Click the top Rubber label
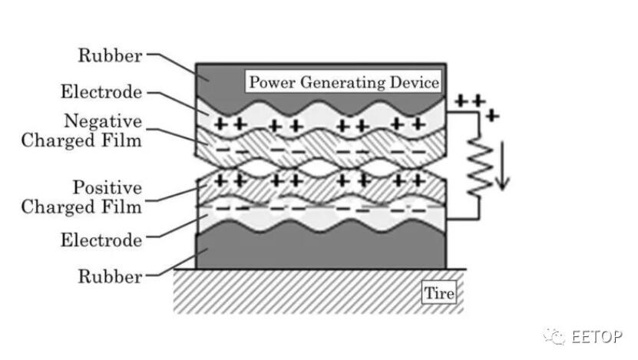pyautogui.click(x=110, y=55)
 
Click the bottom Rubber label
pyautogui.click(x=110, y=276)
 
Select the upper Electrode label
pyautogui.click(x=101, y=91)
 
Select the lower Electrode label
pyautogui.click(x=101, y=240)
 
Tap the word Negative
pyautogui.click(x=103, y=121)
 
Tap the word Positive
pyautogui.click(x=107, y=187)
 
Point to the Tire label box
pyautogui.click(x=439, y=293)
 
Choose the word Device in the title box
pyautogui.click(x=415, y=82)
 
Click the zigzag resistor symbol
pyautogui.click(x=480, y=167)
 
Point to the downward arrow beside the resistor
pyautogui.click(x=503, y=166)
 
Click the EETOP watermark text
pyautogui.click(x=597, y=337)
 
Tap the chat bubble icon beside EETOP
pyautogui.click(x=554, y=336)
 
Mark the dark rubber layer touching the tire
pyautogui.click(x=321, y=247)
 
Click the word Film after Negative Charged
pyautogui.click(x=121, y=140)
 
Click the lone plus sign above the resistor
pyautogui.click(x=492, y=116)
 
